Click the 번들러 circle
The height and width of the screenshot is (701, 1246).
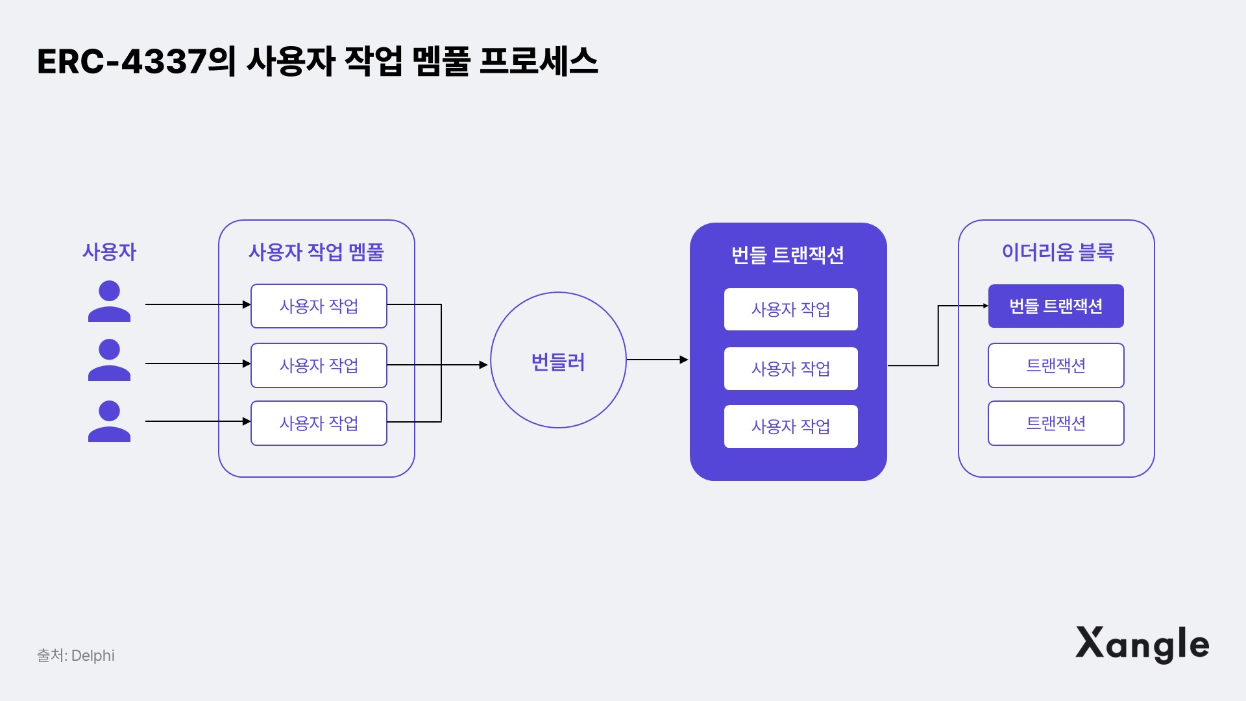click(x=558, y=360)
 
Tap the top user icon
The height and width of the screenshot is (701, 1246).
click(x=109, y=301)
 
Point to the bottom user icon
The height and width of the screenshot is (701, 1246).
click(x=109, y=421)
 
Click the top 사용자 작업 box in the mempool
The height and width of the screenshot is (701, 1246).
click(x=319, y=306)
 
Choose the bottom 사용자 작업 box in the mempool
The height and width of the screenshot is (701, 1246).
click(x=319, y=423)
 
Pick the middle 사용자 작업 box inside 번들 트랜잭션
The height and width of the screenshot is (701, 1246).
click(x=790, y=369)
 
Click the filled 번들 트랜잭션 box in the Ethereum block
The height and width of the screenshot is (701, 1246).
click(x=1056, y=306)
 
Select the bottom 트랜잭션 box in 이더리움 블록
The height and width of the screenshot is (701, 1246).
click(x=1056, y=423)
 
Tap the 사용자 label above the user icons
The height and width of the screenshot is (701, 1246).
click(x=109, y=252)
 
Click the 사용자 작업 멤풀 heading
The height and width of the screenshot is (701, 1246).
click(x=316, y=252)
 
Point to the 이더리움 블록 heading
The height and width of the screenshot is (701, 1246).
click(x=1057, y=252)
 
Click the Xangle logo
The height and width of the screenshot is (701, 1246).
click(x=1142, y=644)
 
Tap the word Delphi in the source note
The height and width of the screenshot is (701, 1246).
click(x=93, y=656)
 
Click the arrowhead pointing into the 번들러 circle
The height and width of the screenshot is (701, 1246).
click(x=483, y=365)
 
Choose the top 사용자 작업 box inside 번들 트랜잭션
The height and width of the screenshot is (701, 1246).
click(x=790, y=310)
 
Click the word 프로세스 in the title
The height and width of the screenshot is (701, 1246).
click(x=538, y=62)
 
